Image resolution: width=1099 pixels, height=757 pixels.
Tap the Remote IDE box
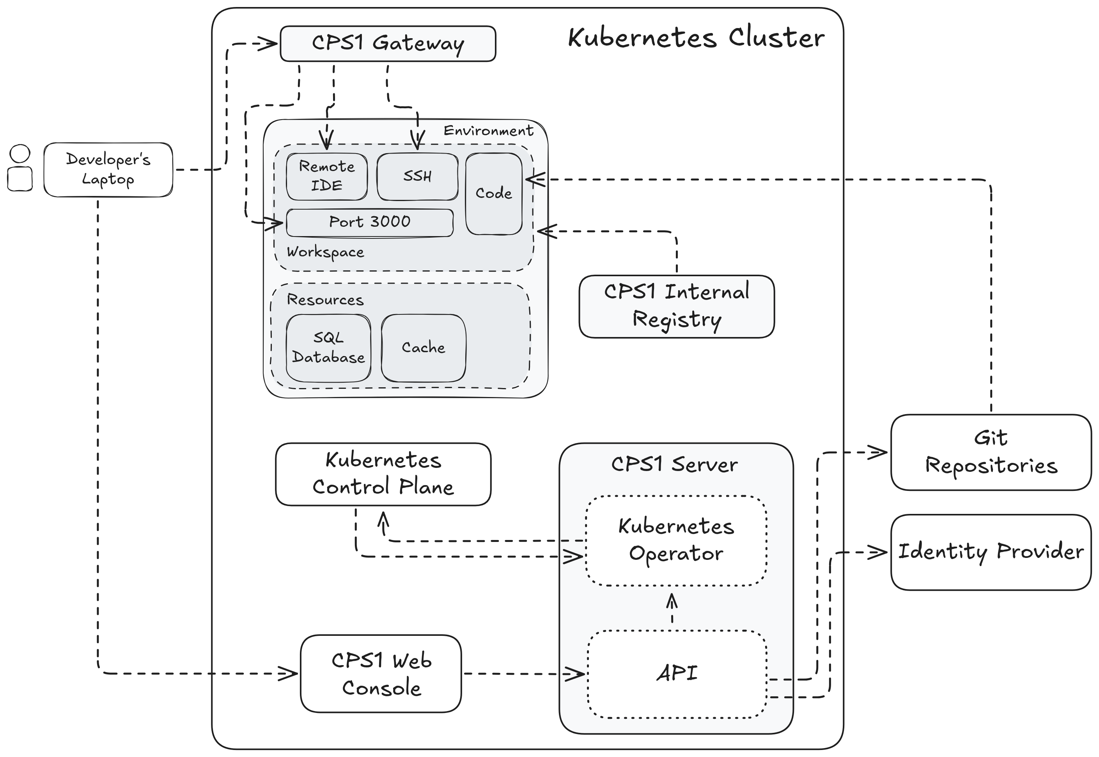(x=326, y=176)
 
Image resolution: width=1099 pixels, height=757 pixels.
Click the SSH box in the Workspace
(x=417, y=176)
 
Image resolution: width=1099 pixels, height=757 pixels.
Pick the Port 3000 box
(x=369, y=222)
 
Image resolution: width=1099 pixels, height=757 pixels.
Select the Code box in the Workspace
(x=493, y=194)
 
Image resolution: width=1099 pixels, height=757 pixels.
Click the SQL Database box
(x=328, y=348)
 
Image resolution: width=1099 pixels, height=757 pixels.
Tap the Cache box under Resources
(x=423, y=348)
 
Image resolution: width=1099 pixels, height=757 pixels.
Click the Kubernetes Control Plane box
(x=383, y=474)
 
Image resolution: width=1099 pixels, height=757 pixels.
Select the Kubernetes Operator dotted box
(x=675, y=540)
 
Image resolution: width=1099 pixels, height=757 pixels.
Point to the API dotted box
(x=677, y=674)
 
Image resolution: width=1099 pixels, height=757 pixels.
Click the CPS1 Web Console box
(x=381, y=674)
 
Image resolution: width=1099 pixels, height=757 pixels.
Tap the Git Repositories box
(x=990, y=452)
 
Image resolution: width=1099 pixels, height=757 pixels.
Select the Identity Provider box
(x=990, y=552)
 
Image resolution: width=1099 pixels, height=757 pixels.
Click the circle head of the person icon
(x=20, y=154)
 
